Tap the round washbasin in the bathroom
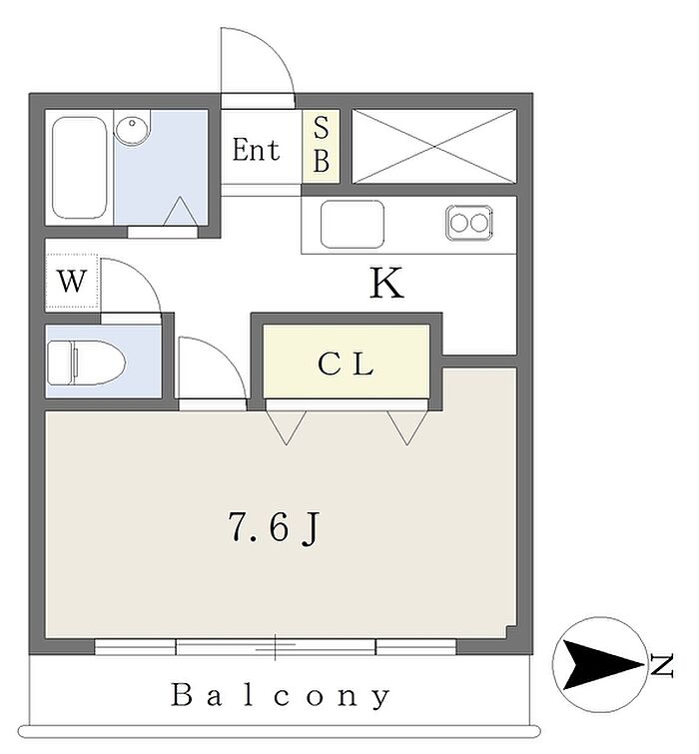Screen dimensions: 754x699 (132, 128)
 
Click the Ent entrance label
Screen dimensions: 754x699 (256, 151)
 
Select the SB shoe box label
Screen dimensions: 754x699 (321, 146)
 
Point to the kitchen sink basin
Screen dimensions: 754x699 (351, 224)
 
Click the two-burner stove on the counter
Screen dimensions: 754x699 (467, 222)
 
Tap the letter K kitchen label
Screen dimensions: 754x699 (386, 285)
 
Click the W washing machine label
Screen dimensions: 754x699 (70, 282)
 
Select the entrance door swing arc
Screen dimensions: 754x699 (260, 60)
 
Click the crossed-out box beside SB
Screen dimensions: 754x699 (433, 147)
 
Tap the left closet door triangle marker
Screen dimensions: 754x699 (286, 426)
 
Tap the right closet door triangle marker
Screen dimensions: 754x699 (405, 426)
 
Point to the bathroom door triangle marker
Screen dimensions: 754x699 (179, 213)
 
